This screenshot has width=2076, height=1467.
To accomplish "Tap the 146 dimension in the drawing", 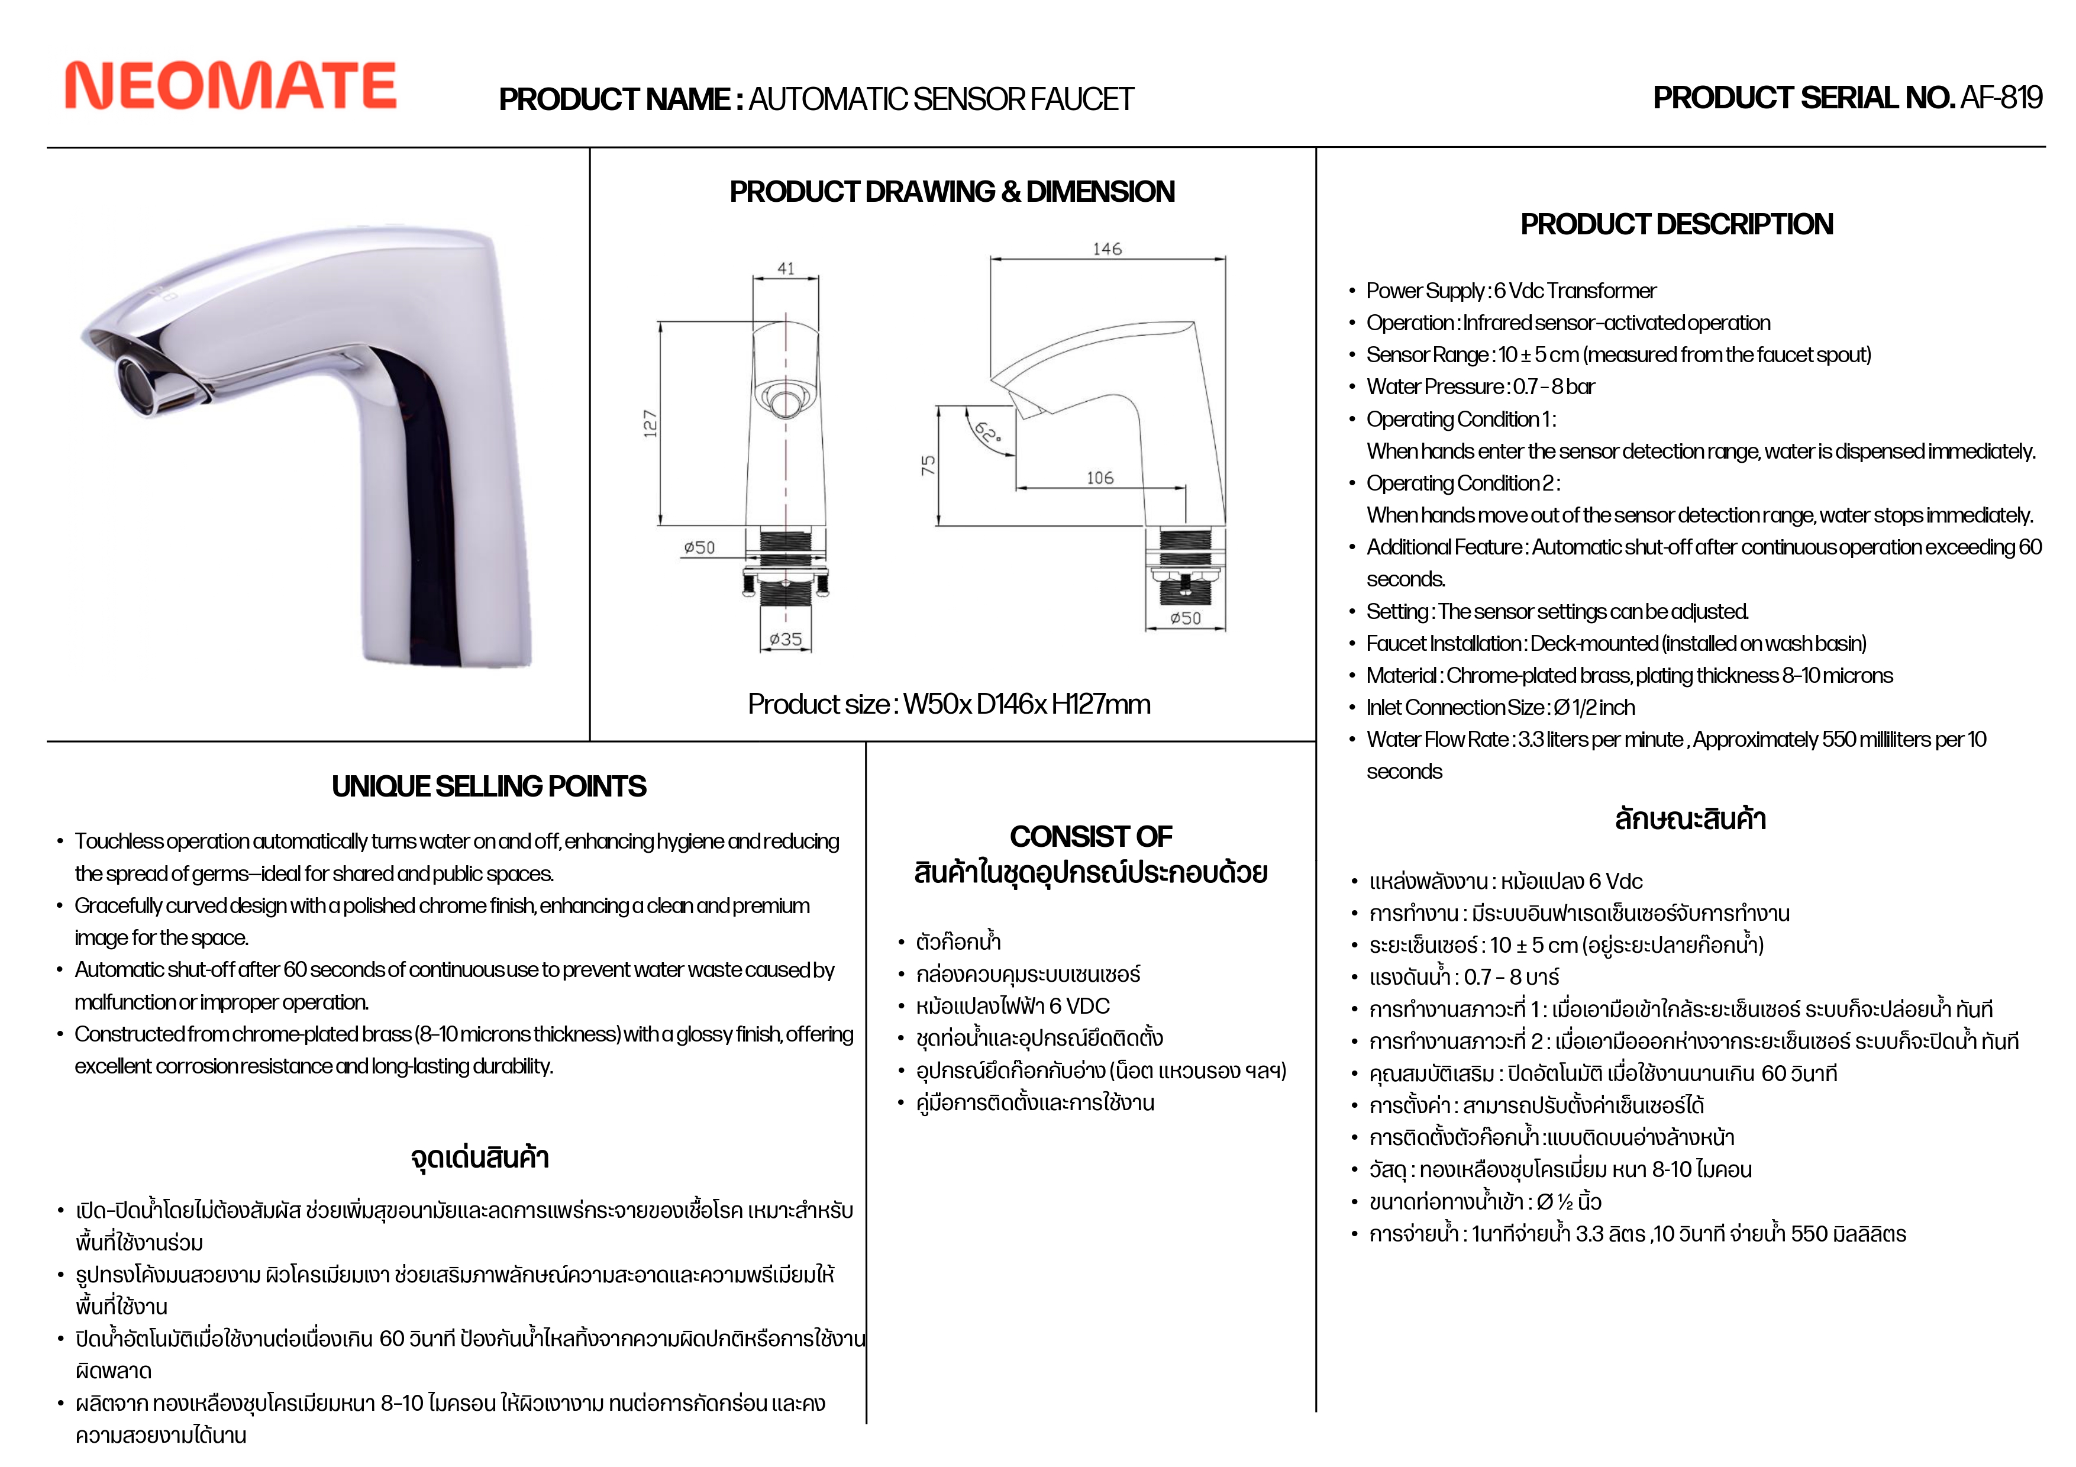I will [x=1107, y=249].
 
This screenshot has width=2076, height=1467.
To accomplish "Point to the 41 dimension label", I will [x=786, y=269].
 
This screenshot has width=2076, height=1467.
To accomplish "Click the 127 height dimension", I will [x=650, y=423].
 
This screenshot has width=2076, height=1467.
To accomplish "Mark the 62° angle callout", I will [x=986, y=433].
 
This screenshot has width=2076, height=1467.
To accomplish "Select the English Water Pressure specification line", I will [x=1480, y=386].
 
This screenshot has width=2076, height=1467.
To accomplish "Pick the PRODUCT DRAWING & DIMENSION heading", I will [x=952, y=192].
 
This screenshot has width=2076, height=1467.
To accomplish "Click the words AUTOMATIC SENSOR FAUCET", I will [x=940, y=99].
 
